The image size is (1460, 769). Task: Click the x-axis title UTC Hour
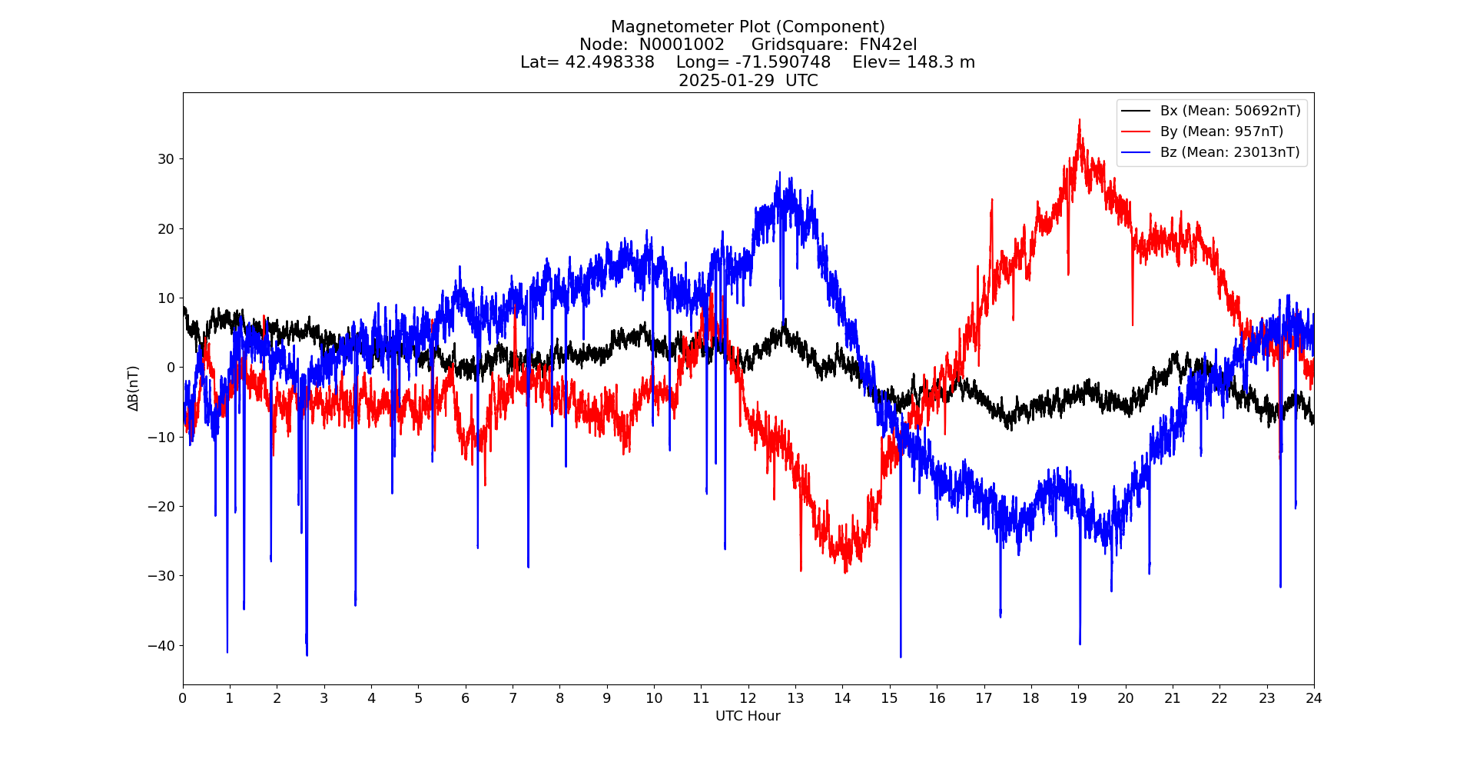pyautogui.click(x=748, y=716)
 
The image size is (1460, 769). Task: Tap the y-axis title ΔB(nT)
pyautogui.click(x=133, y=388)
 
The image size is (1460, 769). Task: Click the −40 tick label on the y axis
pyautogui.click(x=161, y=645)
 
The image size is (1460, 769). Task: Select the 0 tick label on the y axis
pyautogui.click(x=171, y=368)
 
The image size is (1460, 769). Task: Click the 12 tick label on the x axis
pyautogui.click(x=748, y=698)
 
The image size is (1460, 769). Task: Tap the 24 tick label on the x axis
pyautogui.click(x=1313, y=698)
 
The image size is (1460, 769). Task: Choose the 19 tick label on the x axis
pyautogui.click(x=1078, y=698)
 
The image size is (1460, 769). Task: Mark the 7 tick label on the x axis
pyautogui.click(x=513, y=698)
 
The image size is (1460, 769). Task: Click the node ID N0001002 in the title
pyautogui.click(x=682, y=45)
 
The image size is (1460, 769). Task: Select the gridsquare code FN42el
pyautogui.click(x=888, y=45)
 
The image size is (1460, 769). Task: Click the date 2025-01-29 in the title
pyautogui.click(x=726, y=81)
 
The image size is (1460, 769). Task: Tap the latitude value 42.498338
pyautogui.click(x=610, y=62)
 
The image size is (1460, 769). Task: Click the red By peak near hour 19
pyautogui.click(x=1080, y=121)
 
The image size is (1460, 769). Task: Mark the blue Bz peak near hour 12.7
pyautogui.click(x=779, y=173)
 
